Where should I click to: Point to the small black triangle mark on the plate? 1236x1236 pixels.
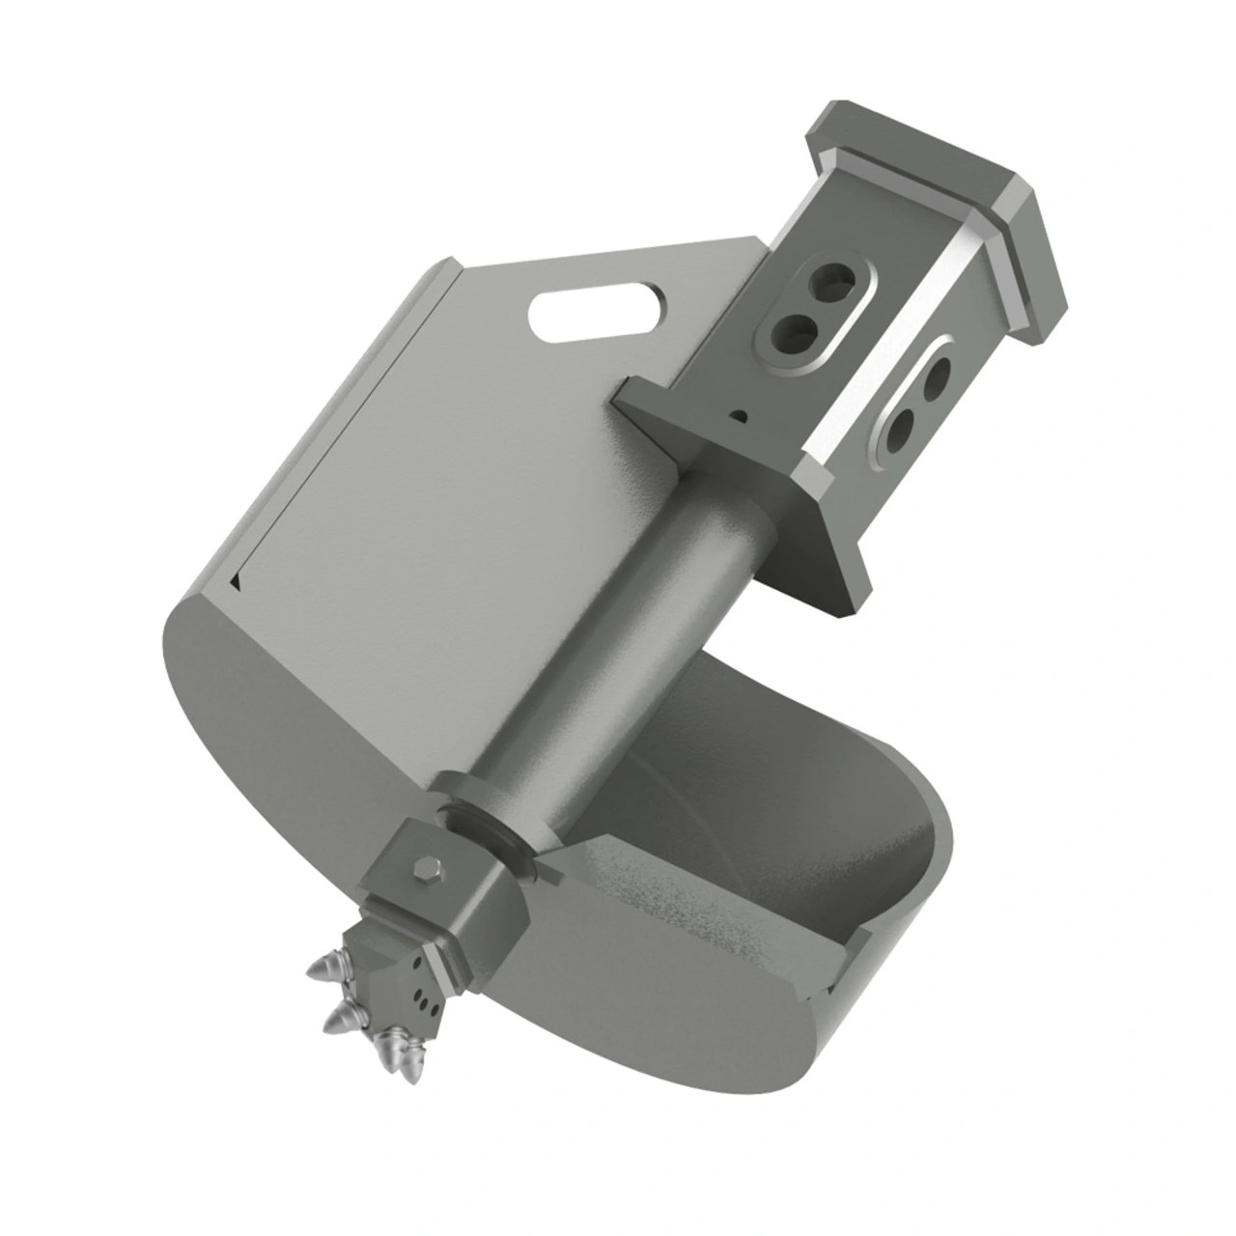[x=236, y=581]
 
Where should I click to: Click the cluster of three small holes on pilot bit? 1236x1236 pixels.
[x=422, y=1003]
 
